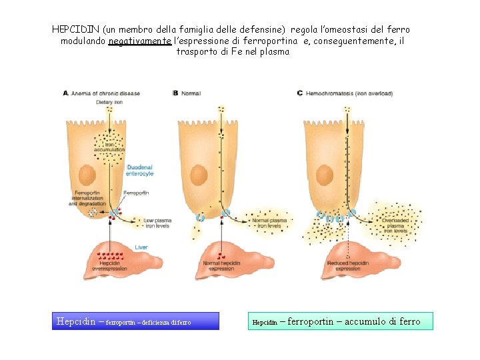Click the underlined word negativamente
point(139,41)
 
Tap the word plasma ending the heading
point(275,52)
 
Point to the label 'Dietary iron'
point(109,102)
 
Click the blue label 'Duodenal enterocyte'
point(139,170)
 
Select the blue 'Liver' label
point(141,247)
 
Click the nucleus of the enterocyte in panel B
point(197,176)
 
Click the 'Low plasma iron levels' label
point(157,223)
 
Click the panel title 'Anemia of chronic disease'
point(105,93)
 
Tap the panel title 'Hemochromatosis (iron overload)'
point(349,93)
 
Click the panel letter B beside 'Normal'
point(175,93)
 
